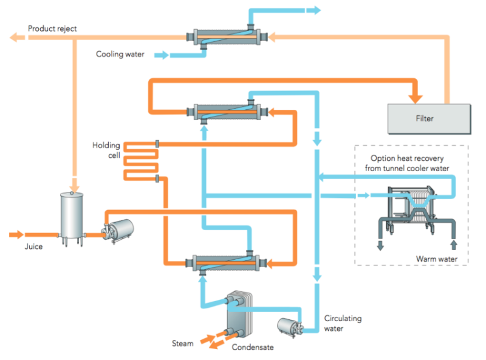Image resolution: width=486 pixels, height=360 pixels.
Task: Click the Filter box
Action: point(429,118)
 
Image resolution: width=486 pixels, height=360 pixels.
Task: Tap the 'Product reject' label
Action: point(53,29)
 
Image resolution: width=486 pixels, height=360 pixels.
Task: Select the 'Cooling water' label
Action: point(120,55)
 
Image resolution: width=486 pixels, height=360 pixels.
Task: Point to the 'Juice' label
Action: point(33,246)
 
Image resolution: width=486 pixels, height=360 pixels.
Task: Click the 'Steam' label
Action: point(182,344)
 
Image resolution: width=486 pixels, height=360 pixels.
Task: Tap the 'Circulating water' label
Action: point(343,323)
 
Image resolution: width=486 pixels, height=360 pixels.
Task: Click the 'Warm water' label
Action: point(436,259)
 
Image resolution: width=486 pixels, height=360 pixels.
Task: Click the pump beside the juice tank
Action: point(115,230)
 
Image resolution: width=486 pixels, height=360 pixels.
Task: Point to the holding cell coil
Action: point(140,161)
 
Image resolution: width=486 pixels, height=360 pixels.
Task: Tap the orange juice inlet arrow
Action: point(17,234)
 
